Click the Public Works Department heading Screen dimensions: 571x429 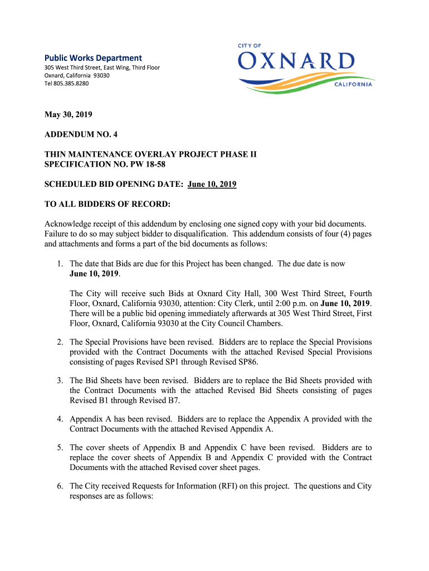click(93, 58)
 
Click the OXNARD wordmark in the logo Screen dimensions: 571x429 click(296, 61)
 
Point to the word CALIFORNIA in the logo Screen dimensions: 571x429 click(354, 85)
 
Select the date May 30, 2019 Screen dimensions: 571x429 click(69, 115)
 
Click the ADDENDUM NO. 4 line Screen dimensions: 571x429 click(81, 134)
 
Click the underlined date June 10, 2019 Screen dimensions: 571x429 click(212, 184)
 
